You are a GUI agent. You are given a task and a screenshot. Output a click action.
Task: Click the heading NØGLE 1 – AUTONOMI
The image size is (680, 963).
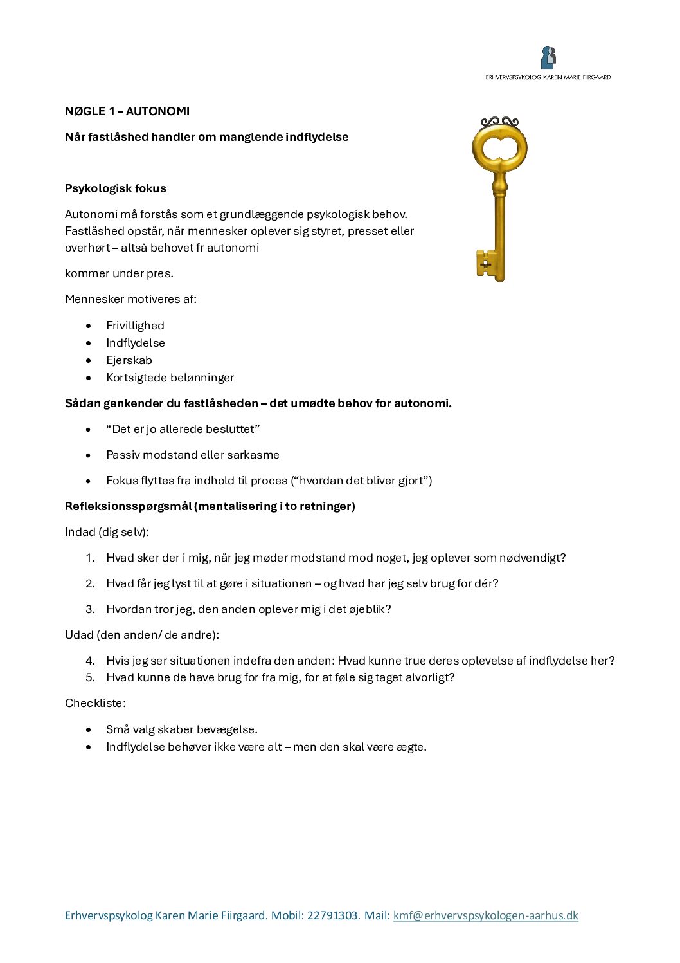[x=127, y=111]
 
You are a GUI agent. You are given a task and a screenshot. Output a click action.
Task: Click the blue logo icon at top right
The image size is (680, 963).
[x=548, y=58]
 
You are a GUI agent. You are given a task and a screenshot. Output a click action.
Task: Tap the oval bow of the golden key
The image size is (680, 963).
[x=499, y=149]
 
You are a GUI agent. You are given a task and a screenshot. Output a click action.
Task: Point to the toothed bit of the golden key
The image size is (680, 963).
[x=486, y=263]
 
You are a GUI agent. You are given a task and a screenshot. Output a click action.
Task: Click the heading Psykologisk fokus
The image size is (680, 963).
[x=116, y=188]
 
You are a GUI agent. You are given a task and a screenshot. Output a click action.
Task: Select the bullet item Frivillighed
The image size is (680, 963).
[x=135, y=326]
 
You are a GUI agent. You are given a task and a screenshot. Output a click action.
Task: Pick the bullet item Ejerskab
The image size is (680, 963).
[x=129, y=360]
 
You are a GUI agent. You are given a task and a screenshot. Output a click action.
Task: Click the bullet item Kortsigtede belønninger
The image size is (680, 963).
[x=170, y=378]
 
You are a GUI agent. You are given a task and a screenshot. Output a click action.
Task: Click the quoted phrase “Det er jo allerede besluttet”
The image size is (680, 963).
[x=183, y=429]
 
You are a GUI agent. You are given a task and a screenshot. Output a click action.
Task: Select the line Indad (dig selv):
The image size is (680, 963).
[x=107, y=532]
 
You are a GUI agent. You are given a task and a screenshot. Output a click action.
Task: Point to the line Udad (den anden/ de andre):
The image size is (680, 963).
[x=142, y=635]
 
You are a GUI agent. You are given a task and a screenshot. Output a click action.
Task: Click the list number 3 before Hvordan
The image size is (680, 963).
[x=90, y=609]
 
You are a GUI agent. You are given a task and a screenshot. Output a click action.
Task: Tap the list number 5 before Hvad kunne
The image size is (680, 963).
[x=90, y=677]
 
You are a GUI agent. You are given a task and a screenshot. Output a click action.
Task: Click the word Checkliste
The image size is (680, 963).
[x=94, y=703]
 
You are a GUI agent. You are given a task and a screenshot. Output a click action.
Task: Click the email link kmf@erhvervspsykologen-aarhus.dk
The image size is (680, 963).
[x=485, y=915]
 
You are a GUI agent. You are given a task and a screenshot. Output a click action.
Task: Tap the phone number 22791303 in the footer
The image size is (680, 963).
[x=332, y=915]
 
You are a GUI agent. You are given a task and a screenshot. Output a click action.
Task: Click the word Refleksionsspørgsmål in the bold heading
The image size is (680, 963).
[x=128, y=506]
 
